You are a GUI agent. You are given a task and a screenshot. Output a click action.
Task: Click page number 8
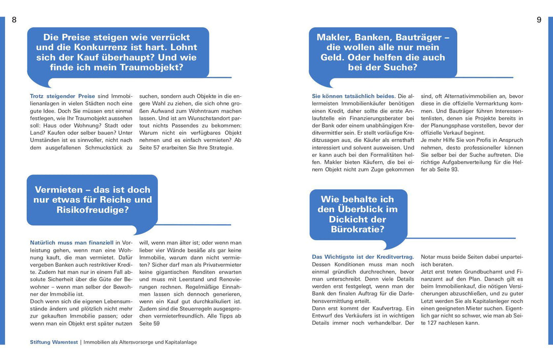(14, 20)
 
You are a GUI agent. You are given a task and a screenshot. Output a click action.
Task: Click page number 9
(539, 20)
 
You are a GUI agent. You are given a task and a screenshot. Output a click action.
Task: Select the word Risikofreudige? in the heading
(93, 209)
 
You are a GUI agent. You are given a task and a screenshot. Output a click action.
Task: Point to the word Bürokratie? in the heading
(358, 229)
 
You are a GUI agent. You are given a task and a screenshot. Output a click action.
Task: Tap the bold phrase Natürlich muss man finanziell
(72, 243)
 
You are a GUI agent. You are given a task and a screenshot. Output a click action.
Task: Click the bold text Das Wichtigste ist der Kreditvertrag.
(363, 257)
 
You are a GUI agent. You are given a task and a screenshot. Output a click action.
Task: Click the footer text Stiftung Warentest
(53, 342)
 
